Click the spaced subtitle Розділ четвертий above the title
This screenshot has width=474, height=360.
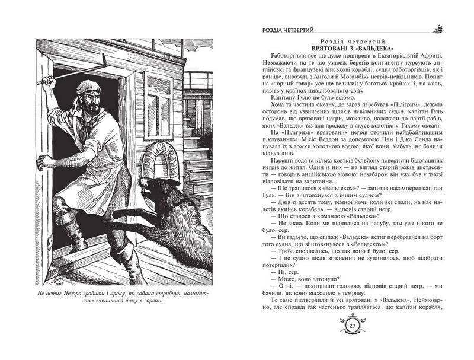coord(352,39)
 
